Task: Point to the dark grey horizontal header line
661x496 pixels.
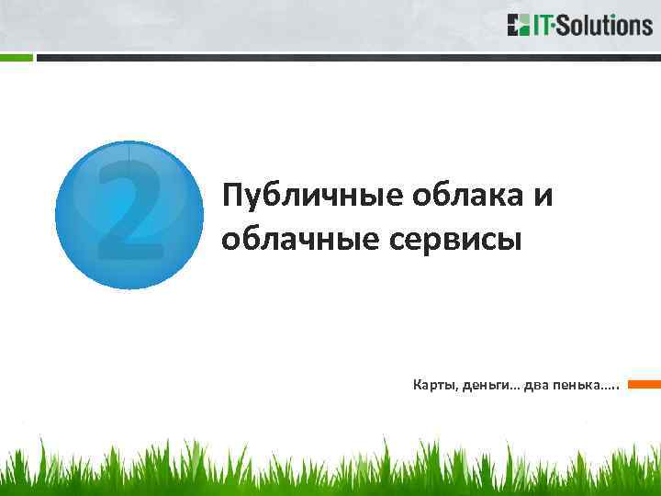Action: click(349, 57)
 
